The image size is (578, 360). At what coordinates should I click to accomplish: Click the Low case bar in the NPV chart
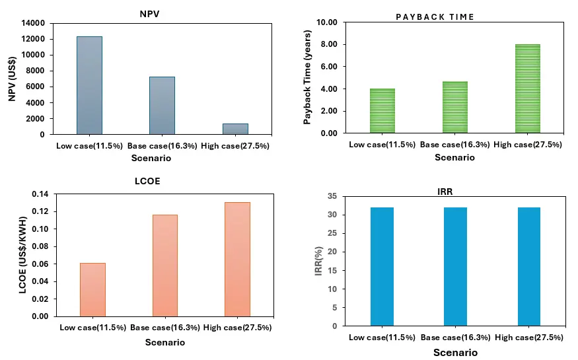(x=90, y=85)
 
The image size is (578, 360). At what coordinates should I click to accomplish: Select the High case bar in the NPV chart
(x=235, y=129)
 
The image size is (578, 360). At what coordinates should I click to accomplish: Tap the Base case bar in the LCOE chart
(x=164, y=266)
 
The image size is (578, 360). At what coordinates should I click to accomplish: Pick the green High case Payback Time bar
(x=528, y=89)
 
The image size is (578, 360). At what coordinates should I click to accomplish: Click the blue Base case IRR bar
(x=455, y=266)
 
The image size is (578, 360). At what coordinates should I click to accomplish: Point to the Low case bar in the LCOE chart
(x=92, y=289)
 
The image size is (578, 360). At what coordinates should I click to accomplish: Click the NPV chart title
(x=149, y=14)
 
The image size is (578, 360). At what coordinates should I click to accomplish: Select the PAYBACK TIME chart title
(x=435, y=17)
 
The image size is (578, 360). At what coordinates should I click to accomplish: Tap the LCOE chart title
(x=147, y=181)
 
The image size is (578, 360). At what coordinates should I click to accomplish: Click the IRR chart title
(x=445, y=192)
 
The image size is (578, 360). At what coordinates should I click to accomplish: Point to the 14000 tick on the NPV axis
(x=33, y=23)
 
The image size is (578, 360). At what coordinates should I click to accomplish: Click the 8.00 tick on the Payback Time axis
(x=329, y=44)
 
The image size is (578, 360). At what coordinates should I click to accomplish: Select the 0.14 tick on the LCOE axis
(x=40, y=194)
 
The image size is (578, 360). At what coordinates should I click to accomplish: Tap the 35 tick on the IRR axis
(x=332, y=196)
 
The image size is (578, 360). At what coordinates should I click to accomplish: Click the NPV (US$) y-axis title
(x=12, y=79)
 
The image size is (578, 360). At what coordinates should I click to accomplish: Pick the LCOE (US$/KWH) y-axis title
(x=22, y=255)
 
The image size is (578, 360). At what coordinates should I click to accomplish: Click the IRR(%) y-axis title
(x=318, y=261)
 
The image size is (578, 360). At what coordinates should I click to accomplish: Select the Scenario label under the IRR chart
(x=455, y=353)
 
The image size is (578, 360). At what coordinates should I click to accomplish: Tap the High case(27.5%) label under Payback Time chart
(x=528, y=145)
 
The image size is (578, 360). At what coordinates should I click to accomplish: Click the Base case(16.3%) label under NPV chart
(x=163, y=146)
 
